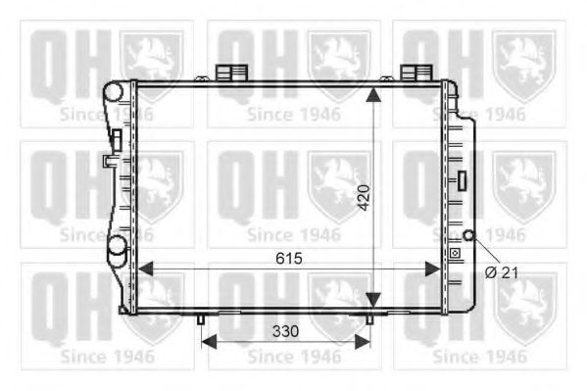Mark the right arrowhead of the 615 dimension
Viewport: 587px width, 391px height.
pyautogui.click(x=437, y=267)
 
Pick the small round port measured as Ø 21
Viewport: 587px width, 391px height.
pyautogui.click(x=469, y=235)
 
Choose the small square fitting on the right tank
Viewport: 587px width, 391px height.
pyautogui.click(x=454, y=254)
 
